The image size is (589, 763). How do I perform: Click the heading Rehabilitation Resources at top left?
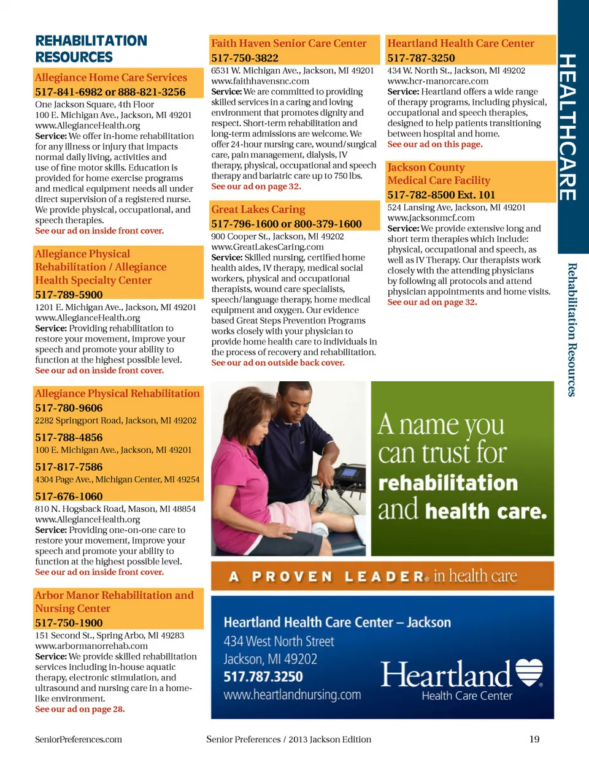point(91,49)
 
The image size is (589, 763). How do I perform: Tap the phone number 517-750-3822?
point(245,58)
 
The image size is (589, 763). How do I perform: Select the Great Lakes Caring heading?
point(258,210)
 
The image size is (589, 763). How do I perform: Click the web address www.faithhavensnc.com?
point(260,81)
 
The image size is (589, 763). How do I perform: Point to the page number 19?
point(534,739)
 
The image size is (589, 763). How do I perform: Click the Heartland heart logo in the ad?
point(529,672)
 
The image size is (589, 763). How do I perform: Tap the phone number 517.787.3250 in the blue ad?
point(263,677)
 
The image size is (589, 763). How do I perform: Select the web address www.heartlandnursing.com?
point(292,694)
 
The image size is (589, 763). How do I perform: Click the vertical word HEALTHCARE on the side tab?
point(568,127)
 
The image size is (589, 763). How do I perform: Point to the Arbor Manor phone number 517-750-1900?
point(69,623)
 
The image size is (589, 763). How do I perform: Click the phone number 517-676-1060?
point(69,496)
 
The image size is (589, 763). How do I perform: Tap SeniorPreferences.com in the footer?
point(79,739)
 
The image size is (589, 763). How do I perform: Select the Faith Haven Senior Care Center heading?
point(288,44)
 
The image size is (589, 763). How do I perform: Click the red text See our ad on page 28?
point(80,709)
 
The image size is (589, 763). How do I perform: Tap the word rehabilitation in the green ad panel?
point(448,483)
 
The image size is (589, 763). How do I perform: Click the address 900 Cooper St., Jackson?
point(277,237)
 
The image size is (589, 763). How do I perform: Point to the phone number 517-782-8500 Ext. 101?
point(441,195)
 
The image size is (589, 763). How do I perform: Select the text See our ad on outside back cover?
point(277,363)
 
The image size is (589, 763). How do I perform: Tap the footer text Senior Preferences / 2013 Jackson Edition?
point(288,739)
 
